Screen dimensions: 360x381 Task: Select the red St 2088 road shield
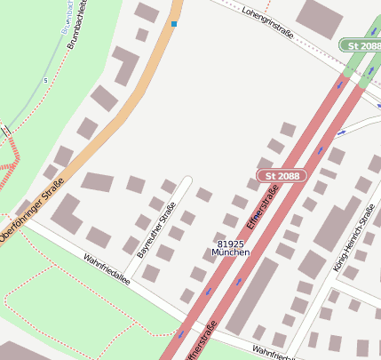pyautogui.click(x=282, y=176)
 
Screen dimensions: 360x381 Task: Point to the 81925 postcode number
pyautogui.click(x=230, y=244)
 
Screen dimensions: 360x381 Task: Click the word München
pyautogui.click(x=230, y=253)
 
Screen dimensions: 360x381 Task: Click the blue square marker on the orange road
pyautogui.click(x=174, y=24)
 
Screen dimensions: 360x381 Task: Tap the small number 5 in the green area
pyautogui.click(x=45, y=80)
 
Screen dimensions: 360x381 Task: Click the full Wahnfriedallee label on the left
pyautogui.click(x=107, y=269)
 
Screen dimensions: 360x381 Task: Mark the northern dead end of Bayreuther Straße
pyautogui.click(x=187, y=180)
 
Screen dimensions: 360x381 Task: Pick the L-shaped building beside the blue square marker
pyautogui.click(x=127, y=63)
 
